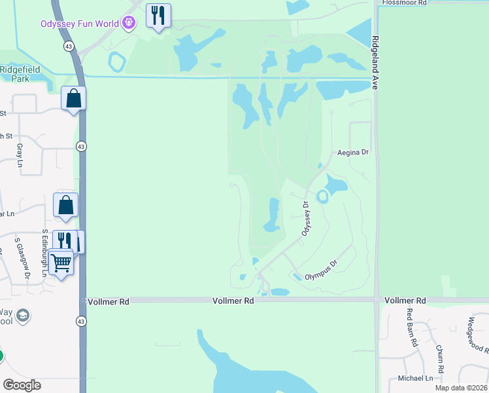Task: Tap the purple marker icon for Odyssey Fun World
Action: pyautogui.click(x=129, y=24)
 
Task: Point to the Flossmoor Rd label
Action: pyautogui.click(x=404, y=3)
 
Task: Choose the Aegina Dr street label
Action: pyautogui.click(x=353, y=152)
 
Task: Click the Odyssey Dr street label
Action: pyautogui.click(x=305, y=219)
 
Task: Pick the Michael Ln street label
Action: pyautogui.click(x=416, y=378)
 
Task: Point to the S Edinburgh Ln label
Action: pyautogui.click(x=44, y=252)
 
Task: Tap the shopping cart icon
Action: pyautogui.click(x=61, y=262)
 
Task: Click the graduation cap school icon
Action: pyautogui.click(x=24, y=316)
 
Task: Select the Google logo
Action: pyautogui.click(x=22, y=385)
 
